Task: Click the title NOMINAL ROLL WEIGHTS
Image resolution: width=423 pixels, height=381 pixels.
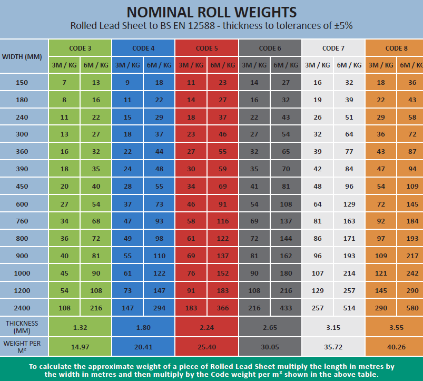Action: [211, 11]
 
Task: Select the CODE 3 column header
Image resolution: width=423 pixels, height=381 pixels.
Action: [80, 48]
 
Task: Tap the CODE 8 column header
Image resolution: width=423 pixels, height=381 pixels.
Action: [396, 48]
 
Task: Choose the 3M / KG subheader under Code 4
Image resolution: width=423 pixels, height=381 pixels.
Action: [127, 65]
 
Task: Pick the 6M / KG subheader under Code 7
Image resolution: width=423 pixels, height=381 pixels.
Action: [349, 65]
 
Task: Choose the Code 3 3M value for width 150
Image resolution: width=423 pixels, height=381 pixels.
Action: [64, 83]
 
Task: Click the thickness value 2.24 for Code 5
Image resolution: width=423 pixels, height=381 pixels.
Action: [206, 327]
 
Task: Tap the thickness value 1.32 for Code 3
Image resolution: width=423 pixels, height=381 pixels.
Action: [80, 327]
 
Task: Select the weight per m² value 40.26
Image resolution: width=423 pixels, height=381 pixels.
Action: [396, 347]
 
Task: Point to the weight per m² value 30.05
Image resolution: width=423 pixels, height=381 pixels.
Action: [270, 347]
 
